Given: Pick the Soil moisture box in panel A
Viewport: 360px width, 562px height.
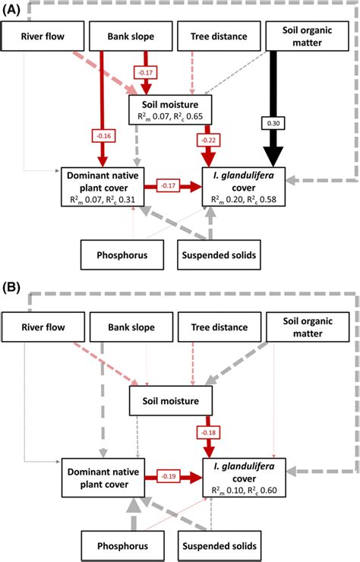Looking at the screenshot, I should click(169, 109).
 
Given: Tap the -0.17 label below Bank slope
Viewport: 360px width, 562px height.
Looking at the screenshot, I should click(144, 73).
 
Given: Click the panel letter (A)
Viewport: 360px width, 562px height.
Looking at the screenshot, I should click(12, 9).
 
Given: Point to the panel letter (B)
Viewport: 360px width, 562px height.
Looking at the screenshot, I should click(12, 289).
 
